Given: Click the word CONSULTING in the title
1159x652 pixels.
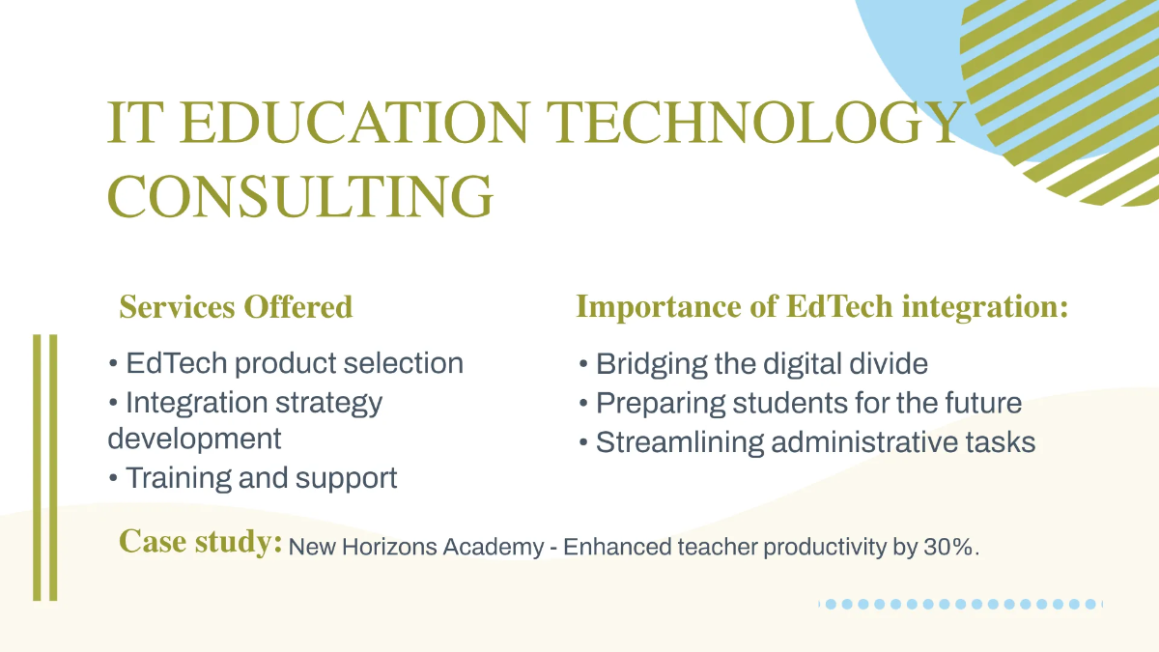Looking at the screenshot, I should click(x=300, y=195).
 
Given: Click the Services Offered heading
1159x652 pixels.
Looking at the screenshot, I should click(x=236, y=307).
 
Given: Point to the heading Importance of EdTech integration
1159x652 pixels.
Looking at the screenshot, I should click(x=822, y=307).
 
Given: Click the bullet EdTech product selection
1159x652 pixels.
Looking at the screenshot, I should click(x=286, y=364).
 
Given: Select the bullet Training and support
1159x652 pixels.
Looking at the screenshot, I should click(x=253, y=478).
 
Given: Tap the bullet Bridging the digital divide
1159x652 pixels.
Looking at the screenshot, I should click(x=753, y=364).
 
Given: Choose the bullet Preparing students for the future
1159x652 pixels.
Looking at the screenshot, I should click(x=800, y=403).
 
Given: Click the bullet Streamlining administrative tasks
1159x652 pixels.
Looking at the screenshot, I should click(x=807, y=442).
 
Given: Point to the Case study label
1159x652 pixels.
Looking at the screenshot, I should click(x=200, y=542).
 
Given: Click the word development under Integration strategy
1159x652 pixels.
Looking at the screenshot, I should click(x=194, y=439).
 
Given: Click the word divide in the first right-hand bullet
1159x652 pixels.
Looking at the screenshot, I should click(x=890, y=364).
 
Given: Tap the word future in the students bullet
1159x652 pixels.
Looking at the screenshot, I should click(x=980, y=403).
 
